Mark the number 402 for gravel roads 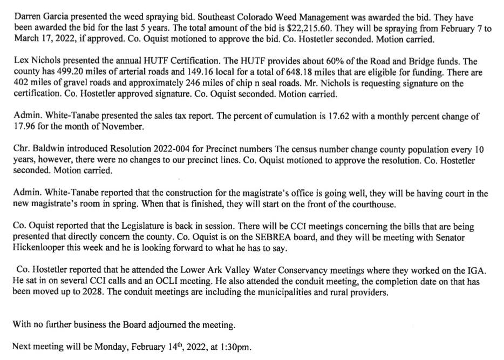[x=20, y=84]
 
